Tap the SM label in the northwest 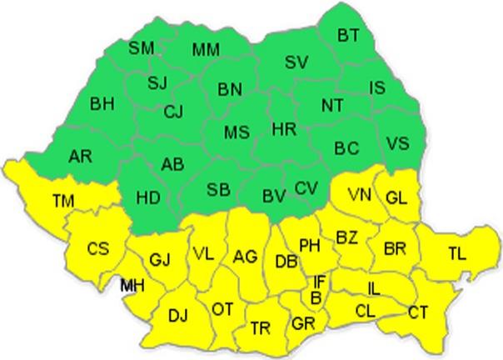coord(141,48)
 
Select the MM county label coord(205,50)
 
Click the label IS coord(376,86)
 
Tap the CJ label coord(173,111)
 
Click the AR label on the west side coord(81,156)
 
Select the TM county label coord(62,200)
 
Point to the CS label coord(98,248)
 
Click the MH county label coord(131,286)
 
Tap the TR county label coord(261,328)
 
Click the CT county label coord(418,312)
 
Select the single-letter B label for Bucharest coord(316,297)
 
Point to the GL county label coord(396,197)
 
